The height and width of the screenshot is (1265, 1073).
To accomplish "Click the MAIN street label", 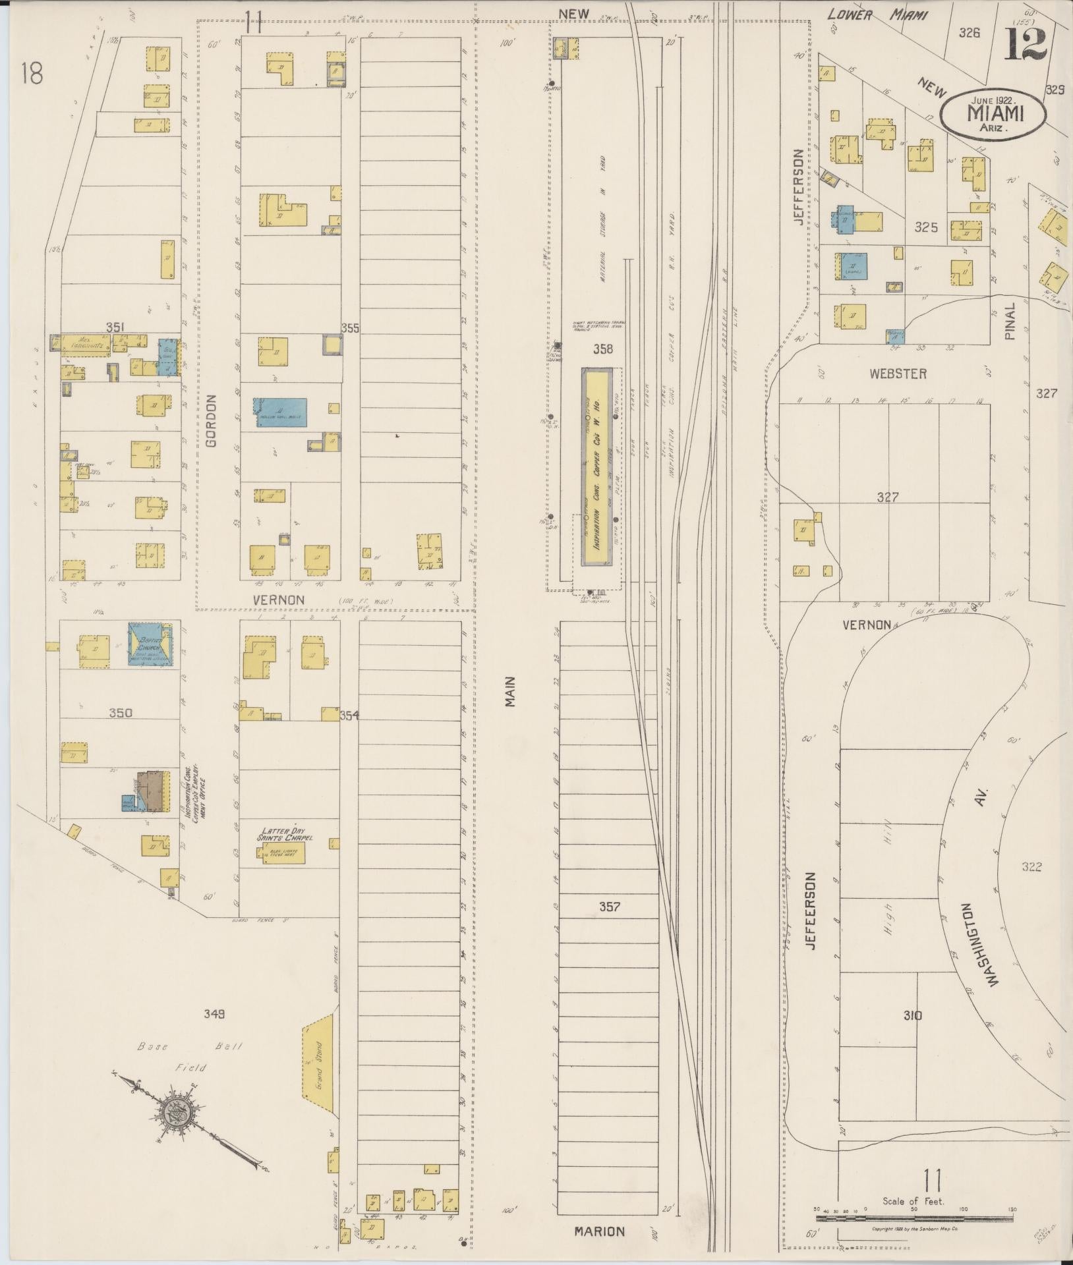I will point(510,692).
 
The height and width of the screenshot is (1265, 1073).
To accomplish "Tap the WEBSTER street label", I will point(897,374).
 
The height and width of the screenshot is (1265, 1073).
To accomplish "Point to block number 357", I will point(609,907).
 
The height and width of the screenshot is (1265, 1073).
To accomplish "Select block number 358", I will point(602,349).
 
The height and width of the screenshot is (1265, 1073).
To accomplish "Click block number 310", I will point(913,1015).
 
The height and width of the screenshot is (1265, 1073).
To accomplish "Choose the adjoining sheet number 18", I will point(31,74).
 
